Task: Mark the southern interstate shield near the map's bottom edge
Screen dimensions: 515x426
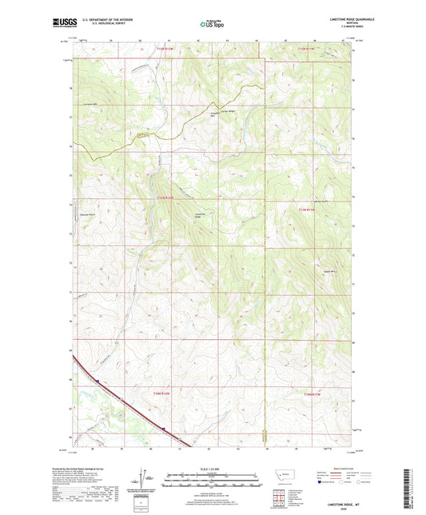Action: pyautogui.click(x=162, y=429)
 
